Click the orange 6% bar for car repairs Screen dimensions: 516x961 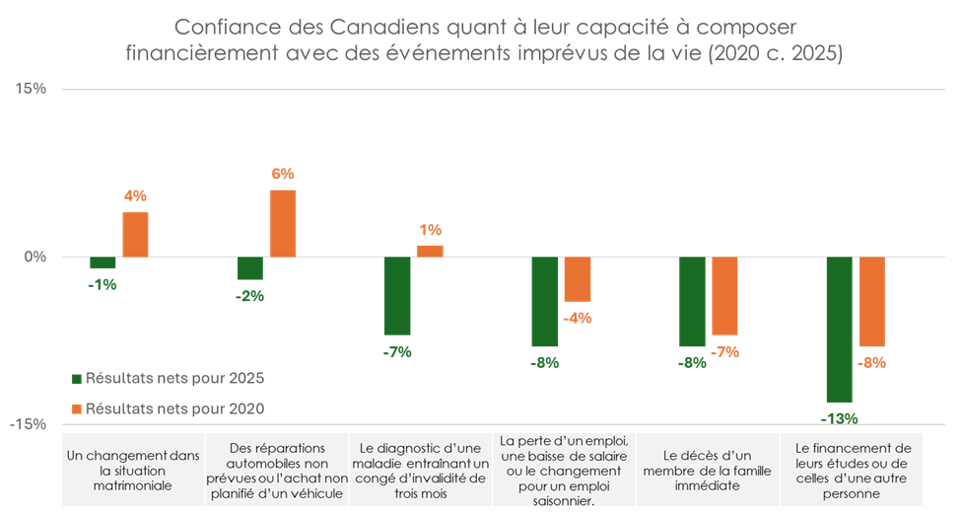[283, 223]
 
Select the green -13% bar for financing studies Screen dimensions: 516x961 [839, 330]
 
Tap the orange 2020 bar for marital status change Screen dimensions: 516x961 [135, 235]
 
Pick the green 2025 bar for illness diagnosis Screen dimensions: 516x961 [397, 296]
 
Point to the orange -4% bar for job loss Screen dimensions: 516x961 [577, 279]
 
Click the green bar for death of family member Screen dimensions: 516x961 [692, 302]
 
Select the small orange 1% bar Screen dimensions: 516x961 [430, 251]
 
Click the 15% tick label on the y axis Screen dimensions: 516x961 [32, 89]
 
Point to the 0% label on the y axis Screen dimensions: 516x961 [35, 258]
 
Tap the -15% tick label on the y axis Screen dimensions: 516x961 [29, 424]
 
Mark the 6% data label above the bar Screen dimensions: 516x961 [283, 174]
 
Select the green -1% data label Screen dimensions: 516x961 [103, 285]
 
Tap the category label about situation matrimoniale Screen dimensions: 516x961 [132, 471]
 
